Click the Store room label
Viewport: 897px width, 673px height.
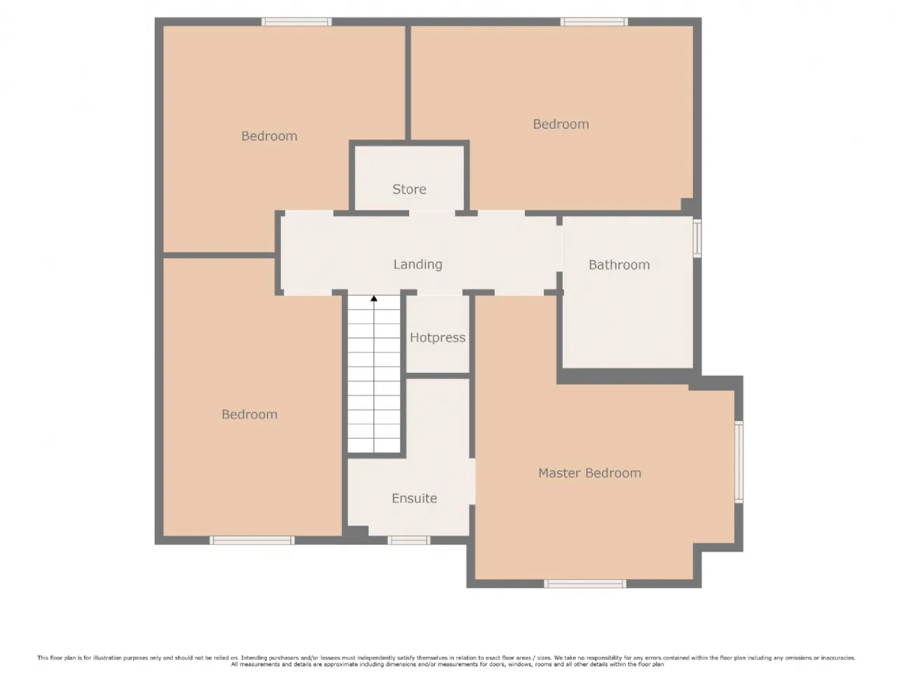[x=409, y=189]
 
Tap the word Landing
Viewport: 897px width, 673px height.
[x=418, y=264]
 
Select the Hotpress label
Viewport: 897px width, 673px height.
[x=438, y=337]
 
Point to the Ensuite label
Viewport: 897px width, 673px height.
[x=414, y=498]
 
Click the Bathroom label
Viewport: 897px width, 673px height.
[x=619, y=265]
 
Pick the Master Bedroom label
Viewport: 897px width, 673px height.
[x=589, y=473]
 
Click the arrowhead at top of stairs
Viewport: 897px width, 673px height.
[x=374, y=299]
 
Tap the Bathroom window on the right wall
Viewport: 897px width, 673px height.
[x=697, y=238]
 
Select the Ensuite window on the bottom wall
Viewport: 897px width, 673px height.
[x=409, y=541]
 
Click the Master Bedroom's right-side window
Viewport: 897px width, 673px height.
[x=739, y=462]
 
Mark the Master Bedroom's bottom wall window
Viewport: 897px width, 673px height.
[x=584, y=583]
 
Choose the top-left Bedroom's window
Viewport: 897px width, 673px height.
[x=296, y=22]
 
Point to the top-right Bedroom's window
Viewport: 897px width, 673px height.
[x=594, y=22]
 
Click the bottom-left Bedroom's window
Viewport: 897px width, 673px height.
[x=252, y=541]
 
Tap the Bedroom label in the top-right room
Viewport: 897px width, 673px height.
[x=561, y=124]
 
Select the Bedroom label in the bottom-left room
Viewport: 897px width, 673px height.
[x=249, y=414]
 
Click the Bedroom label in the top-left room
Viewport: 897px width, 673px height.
[x=269, y=136]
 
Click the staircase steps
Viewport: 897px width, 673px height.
[x=374, y=374]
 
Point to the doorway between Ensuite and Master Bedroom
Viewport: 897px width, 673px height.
[x=472, y=482]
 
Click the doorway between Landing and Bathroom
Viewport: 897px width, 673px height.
[x=559, y=249]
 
